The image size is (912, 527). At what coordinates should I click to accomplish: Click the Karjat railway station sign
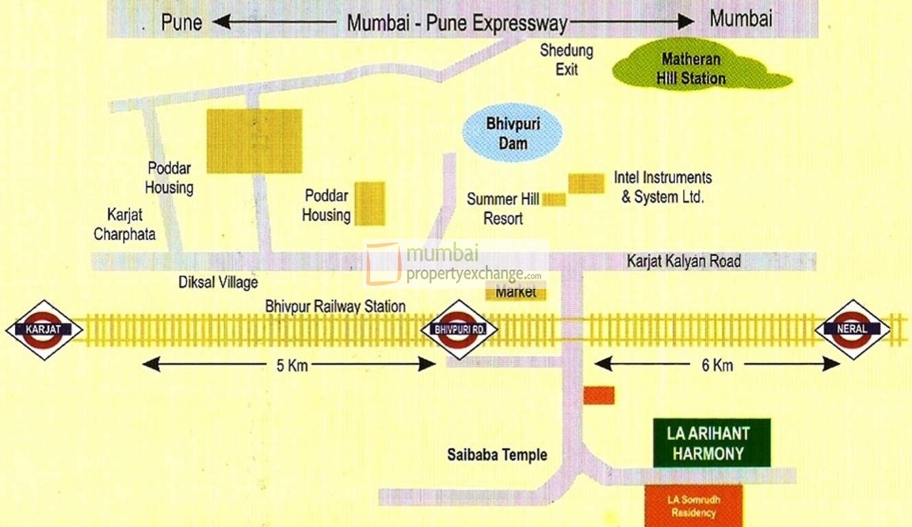pyautogui.click(x=44, y=329)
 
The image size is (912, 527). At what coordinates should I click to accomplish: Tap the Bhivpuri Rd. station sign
pyautogui.click(x=459, y=329)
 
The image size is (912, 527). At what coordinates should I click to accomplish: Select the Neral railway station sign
pyautogui.click(x=852, y=329)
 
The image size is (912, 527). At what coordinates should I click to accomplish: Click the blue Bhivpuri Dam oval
pyautogui.click(x=512, y=134)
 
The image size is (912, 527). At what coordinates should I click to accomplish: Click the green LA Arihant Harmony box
pyautogui.click(x=711, y=443)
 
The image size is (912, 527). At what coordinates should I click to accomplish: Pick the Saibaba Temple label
pyautogui.click(x=497, y=454)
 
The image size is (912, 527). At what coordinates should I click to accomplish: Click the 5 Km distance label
pyautogui.click(x=292, y=365)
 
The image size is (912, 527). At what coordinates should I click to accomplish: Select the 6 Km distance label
pyautogui.click(x=717, y=365)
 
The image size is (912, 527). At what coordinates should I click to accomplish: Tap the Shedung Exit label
pyautogui.click(x=567, y=60)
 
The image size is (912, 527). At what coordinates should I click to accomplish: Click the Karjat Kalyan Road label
pyautogui.click(x=683, y=261)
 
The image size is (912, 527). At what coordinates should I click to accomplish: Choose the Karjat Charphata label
pyautogui.click(x=125, y=224)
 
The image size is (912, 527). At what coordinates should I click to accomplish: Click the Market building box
pyautogui.click(x=516, y=292)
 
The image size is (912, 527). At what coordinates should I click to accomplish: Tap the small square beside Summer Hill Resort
pyautogui.click(x=554, y=200)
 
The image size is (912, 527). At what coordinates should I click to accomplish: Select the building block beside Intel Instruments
pyautogui.click(x=586, y=183)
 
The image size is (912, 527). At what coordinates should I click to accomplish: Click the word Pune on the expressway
pyautogui.click(x=181, y=23)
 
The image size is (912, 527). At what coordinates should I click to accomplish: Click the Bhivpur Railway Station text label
pyautogui.click(x=335, y=307)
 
